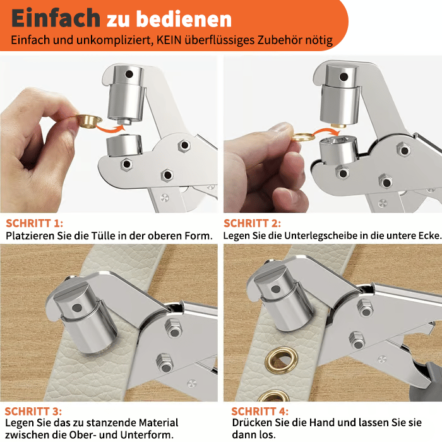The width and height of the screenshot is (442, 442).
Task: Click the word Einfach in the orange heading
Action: pyautogui.click(x=56, y=18)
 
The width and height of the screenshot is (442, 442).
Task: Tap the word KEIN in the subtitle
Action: pyautogui.click(x=169, y=40)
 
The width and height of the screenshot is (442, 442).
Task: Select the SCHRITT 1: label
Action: pyautogui.click(x=34, y=224)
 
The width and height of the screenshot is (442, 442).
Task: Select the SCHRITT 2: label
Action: pyautogui.click(x=253, y=224)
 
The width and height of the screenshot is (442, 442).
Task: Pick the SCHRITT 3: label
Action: pyautogui.click(x=33, y=412)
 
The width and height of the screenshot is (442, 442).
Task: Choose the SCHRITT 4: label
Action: pyautogui.click(x=260, y=412)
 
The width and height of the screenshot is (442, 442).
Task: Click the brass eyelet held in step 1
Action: pyautogui.click(x=88, y=121)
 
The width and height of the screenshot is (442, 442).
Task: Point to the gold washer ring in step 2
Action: pyautogui.click(x=303, y=137)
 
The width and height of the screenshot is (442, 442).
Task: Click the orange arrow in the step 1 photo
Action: pyautogui.click(x=110, y=128)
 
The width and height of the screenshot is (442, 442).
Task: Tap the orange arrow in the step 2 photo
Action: pyautogui.click(x=326, y=131)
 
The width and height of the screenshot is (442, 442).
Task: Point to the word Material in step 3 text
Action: pyautogui.click(x=158, y=423)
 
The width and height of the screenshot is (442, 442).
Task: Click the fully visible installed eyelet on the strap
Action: pyautogui.click(x=282, y=360)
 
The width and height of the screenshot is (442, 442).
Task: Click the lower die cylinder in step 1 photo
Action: pyautogui.click(x=124, y=145)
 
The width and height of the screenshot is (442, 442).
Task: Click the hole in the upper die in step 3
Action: pyautogui.click(x=76, y=308)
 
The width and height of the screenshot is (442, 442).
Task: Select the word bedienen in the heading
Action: pyautogui.click(x=184, y=19)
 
